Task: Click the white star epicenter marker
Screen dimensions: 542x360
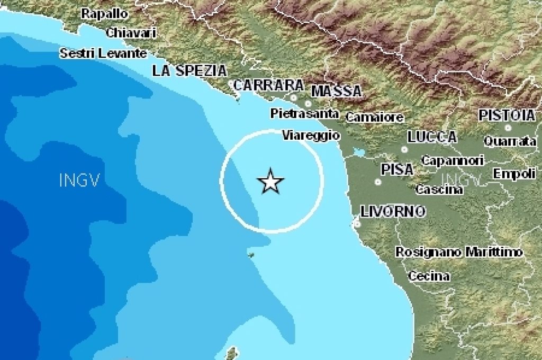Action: pyautogui.click(x=270, y=182)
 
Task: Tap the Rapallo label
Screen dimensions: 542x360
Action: pyautogui.click(x=104, y=14)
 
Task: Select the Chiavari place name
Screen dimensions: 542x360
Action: pyautogui.click(x=131, y=32)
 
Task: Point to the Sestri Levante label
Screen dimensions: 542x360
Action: pyautogui.click(x=103, y=53)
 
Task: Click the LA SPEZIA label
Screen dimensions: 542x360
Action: pyautogui.click(x=189, y=71)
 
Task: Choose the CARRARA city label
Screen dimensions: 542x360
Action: pyautogui.click(x=269, y=85)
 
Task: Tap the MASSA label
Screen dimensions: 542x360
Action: pyautogui.click(x=337, y=91)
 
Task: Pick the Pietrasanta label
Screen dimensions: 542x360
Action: pyautogui.click(x=304, y=113)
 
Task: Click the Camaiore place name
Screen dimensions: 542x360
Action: pyautogui.click(x=375, y=117)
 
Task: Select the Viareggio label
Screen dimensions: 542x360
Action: pyautogui.click(x=311, y=136)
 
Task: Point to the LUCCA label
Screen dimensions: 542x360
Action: pyautogui.click(x=432, y=137)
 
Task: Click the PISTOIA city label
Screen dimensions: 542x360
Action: pyautogui.click(x=507, y=115)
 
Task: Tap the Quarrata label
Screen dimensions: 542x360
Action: pyautogui.click(x=510, y=141)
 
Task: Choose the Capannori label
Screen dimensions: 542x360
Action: pyautogui.click(x=453, y=160)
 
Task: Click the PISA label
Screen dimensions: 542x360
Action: pyautogui.click(x=397, y=169)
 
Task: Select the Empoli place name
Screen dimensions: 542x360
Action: pyautogui.click(x=514, y=174)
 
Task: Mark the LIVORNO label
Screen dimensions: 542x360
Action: pyautogui.click(x=393, y=212)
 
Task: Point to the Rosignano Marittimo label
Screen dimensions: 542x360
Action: pyautogui.click(x=459, y=252)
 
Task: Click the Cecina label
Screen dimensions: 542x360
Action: pyautogui.click(x=429, y=276)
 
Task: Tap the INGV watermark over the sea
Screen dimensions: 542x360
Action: pyautogui.click(x=80, y=181)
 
